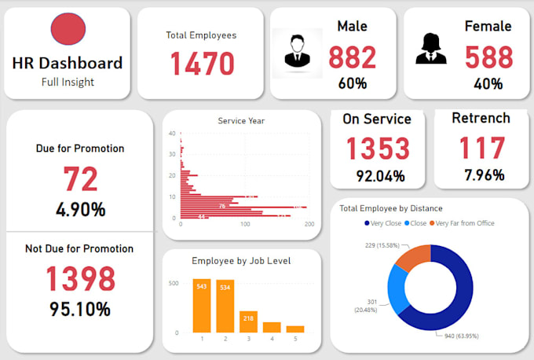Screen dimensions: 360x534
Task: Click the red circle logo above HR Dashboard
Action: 67,30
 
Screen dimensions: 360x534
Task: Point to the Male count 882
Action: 352,58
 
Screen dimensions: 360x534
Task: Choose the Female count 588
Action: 488,58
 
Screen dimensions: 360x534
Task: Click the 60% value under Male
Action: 352,83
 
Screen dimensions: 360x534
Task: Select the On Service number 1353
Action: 379,149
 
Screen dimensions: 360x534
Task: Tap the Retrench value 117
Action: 481,149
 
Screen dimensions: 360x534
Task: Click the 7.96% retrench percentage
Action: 481,174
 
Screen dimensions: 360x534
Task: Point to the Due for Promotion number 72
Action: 80,179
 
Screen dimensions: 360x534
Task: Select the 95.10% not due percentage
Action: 80,309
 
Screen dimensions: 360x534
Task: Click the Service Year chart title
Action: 241,121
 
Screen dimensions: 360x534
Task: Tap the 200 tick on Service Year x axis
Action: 309,225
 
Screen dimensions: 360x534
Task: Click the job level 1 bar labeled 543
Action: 202,305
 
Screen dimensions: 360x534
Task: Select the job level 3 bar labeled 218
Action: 248,321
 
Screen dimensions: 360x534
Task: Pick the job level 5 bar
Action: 294,329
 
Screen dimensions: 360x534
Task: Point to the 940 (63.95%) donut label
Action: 457,335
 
